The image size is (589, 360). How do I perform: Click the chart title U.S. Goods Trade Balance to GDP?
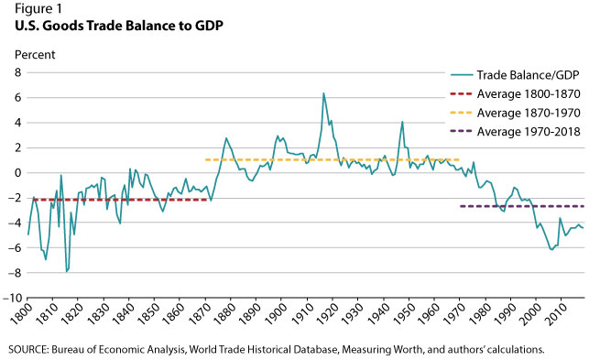click(x=119, y=26)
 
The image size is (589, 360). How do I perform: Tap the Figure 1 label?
click(x=38, y=8)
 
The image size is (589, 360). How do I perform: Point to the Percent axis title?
click(x=35, y=55)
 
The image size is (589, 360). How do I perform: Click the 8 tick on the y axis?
click(x=18, y=72)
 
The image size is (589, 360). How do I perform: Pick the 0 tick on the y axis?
click(x=18, y=173)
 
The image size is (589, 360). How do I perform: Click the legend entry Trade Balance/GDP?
click(x=516, y=75)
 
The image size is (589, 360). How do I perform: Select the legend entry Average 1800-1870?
click(x=516, y=94)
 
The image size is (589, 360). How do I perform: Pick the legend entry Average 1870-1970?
click(x=516, y=113)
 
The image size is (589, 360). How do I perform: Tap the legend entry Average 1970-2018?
click(x=516, y=132)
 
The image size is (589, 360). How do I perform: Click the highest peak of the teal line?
click(x=323, y=93)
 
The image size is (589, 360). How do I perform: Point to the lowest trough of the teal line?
click(x=67, y=271)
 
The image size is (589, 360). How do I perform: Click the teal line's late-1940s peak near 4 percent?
click(x=402, y=122)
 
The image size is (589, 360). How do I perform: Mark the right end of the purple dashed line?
click(x=584, y=206)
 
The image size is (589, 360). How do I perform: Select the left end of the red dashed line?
click(x=34, y=200)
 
